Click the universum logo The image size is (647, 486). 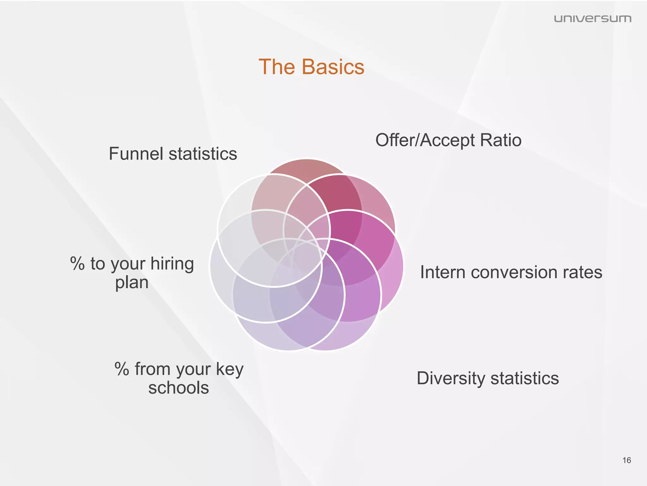point(592,19)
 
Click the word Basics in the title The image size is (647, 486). point(333,67)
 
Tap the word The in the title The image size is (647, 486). point(277,67)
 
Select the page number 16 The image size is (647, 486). point(626,460)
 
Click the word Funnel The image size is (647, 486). point(136,154)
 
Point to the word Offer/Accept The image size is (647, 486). point(425,140)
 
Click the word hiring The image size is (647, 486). point(172,264)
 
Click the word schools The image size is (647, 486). point(178,388)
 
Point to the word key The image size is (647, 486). point(230,369)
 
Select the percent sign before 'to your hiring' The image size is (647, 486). point(77,264)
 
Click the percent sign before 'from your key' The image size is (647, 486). point(122,369)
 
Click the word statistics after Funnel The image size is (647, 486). point(203,154)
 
